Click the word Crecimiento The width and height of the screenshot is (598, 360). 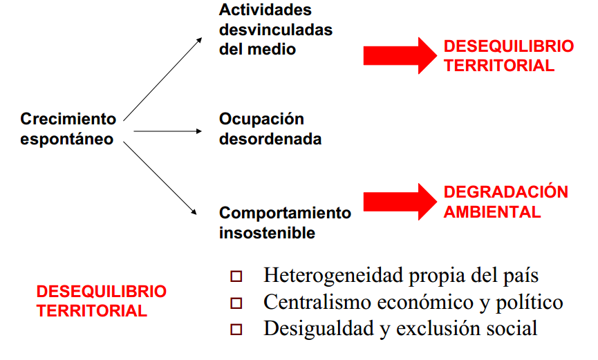[68, 119]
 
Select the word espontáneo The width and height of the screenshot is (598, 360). [67, 140]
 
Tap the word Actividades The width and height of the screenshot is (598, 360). [265, 10]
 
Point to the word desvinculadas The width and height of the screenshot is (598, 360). [276, 30]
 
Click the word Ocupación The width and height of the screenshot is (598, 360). [261, 120]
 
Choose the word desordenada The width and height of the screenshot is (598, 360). [270, 139]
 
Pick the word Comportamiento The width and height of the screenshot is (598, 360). [286, 214]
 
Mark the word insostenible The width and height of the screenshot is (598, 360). [268, 233]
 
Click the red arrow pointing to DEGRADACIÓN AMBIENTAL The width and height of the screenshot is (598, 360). [400, 202]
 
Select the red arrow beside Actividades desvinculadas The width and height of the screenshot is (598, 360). [400, 56]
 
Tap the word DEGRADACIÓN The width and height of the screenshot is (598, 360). [505, 192]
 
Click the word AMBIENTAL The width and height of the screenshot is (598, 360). [492, 212]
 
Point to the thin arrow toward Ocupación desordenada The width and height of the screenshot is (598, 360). [167, 131]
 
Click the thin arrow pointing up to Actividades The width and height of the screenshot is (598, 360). [163, 79]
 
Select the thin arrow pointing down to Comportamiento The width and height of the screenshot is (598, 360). [160, 178]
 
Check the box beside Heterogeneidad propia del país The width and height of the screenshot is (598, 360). [236, 276]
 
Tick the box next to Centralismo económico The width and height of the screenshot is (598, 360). [236, 303]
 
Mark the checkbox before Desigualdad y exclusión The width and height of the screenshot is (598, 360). [236, 330]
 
